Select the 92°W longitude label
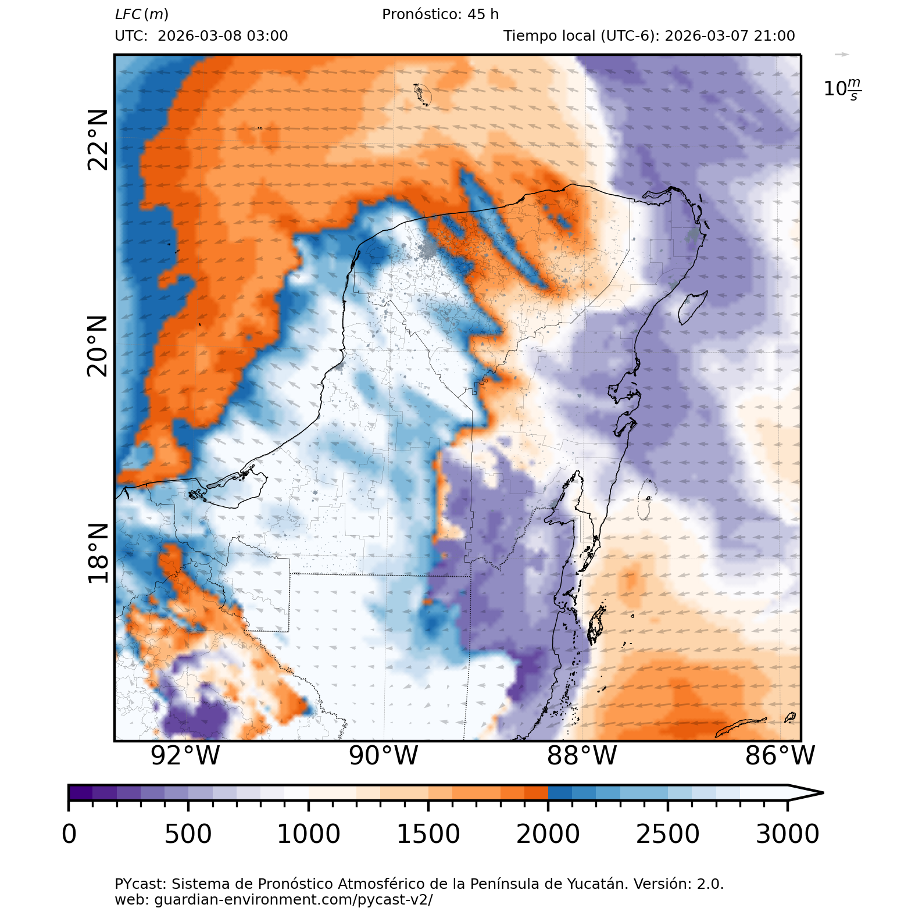pyautogui.click(x=185, y=756)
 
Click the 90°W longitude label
pyautogui.click(x=384, y=756)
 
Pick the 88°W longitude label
pyautogui.click(x=582, y=756)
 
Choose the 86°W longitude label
pyautogui.click(x=780, y=756)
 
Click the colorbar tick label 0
pyautogui.click(x=69, y=834)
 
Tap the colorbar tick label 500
pyautogui.click(x=188, y=834)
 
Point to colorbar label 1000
pyautogui.click(x=308, y=834)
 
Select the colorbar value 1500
pyautogui.click(x=428, y=834)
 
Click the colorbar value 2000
pyautogui.click(x=548, y=834)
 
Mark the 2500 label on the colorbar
pyautogui.click(x=668, y=834)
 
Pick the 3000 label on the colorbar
pyautogui.click(x=788, y=834)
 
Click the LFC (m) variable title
pyautogui.click(x=142, y=15)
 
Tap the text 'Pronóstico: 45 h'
pyautogui.click(x=440, y=15)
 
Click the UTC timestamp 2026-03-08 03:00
pyautogui.click(x=223, y=36)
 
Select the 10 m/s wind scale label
pyautogui.click(x=842, y=89)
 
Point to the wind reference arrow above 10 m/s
pyautogui.click(x=841, y=55)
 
